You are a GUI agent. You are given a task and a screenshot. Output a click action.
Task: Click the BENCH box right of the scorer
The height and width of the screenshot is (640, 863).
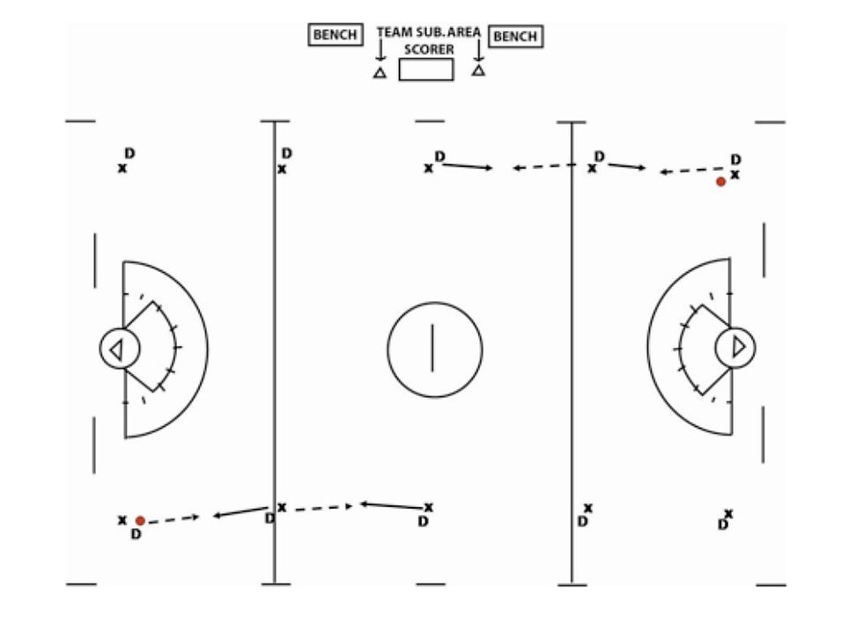[516, 37]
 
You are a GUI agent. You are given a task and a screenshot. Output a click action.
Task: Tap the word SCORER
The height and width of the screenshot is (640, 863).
[429, 50]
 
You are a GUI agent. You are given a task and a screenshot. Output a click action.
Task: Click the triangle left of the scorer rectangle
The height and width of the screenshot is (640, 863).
[380, 73]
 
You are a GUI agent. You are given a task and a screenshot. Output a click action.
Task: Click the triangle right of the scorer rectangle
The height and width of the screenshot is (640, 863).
[478, 70]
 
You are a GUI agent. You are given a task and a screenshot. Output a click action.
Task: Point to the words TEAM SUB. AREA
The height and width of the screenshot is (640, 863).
[429, 33]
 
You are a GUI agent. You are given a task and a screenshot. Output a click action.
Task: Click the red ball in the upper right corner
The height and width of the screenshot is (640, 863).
[720, 181]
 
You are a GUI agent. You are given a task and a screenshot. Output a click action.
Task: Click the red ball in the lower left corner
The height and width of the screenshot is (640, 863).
[140, 521]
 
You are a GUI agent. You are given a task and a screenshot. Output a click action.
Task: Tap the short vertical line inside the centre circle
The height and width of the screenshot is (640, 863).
[432, 349]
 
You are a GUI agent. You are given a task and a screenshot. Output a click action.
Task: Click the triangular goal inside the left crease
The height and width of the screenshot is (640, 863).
[115, 349]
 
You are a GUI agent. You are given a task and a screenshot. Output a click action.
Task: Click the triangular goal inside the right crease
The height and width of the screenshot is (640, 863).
[738, 347]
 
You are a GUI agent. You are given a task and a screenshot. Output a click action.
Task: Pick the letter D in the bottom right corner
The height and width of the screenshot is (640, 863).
[722, 525]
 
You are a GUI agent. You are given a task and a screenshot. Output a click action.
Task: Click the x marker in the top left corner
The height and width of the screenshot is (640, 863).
[122, 168]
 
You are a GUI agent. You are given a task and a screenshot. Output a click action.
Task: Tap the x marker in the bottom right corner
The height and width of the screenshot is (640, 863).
[728, 513]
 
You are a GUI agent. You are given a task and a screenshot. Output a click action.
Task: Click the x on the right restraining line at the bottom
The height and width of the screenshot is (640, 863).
[588, 508]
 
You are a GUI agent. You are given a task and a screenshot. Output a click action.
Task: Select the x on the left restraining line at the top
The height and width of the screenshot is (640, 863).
[282, 169]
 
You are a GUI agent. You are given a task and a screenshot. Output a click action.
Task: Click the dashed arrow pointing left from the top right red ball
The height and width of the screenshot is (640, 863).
[690, 171]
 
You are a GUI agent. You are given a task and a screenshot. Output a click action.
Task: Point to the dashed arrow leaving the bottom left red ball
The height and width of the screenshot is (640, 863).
[174, 519]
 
